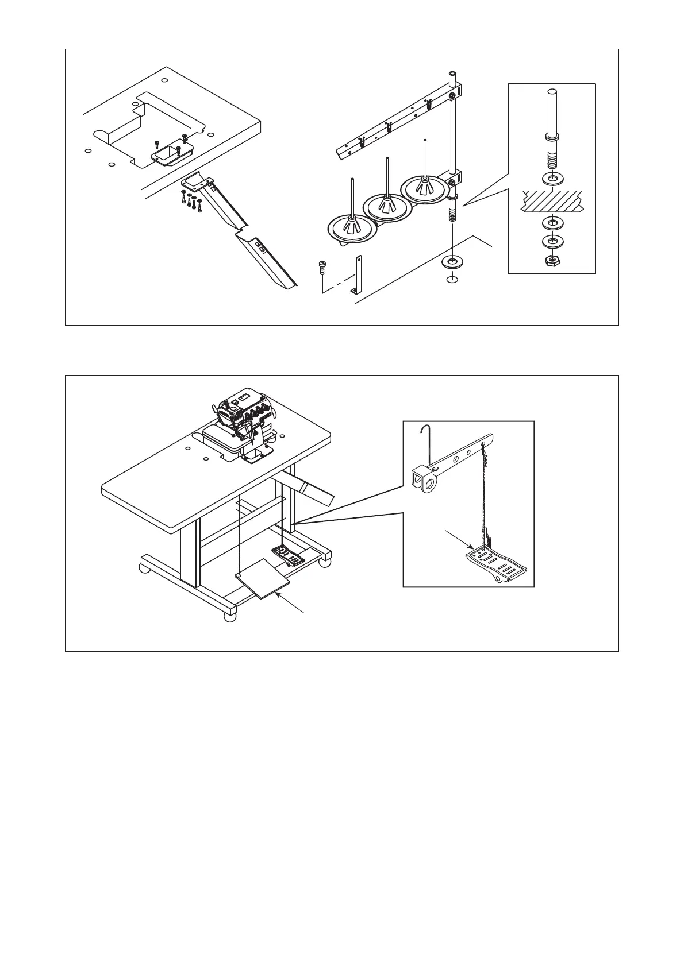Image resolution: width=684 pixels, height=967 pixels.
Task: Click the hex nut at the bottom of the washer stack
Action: pos(552,261)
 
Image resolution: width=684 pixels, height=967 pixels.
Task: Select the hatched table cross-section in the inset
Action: pos(552,202)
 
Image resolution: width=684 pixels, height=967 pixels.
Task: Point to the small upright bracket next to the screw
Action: pos(358,275)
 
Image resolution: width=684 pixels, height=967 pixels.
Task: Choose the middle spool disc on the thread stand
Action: pos(389,204)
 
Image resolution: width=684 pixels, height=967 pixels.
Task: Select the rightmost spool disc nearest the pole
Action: pos(425,188)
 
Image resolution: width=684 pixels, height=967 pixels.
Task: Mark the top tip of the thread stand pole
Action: pos(452,73)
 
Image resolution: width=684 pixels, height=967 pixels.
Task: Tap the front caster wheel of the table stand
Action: pos(229,617)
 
